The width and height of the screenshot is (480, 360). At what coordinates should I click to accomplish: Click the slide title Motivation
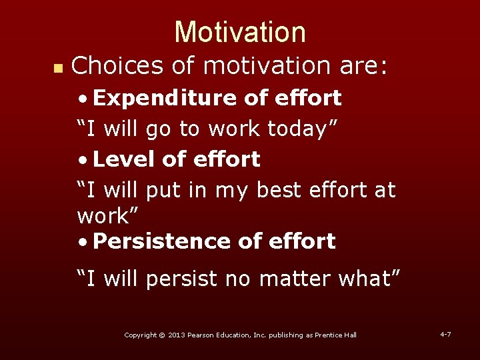tap(240, 32)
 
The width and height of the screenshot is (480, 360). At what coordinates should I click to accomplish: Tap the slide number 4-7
tap(445, 333)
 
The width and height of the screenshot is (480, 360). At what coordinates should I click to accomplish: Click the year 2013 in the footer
tap(177, 335)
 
